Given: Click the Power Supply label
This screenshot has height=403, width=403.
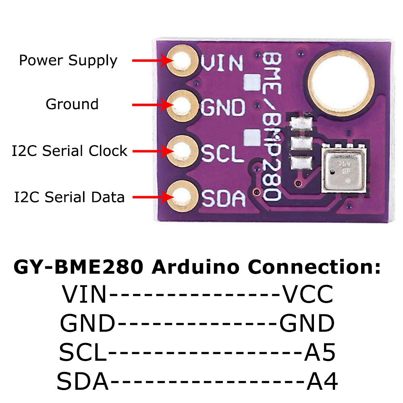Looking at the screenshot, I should pyautogui.click(x=68, y=61).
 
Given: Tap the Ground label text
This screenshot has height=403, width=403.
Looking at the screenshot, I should pyautogui.click(x=72, y=104).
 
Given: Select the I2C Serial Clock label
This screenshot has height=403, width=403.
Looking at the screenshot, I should pyautogui.click(x=69, y=151).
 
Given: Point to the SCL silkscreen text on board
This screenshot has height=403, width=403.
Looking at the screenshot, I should pyautogui.click(x=222, y=152).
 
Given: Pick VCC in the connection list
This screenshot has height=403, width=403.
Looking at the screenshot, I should pyautogui.click(x=307, y=295).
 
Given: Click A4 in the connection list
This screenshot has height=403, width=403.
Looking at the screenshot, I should pyautogui.click(x=322, y=381).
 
